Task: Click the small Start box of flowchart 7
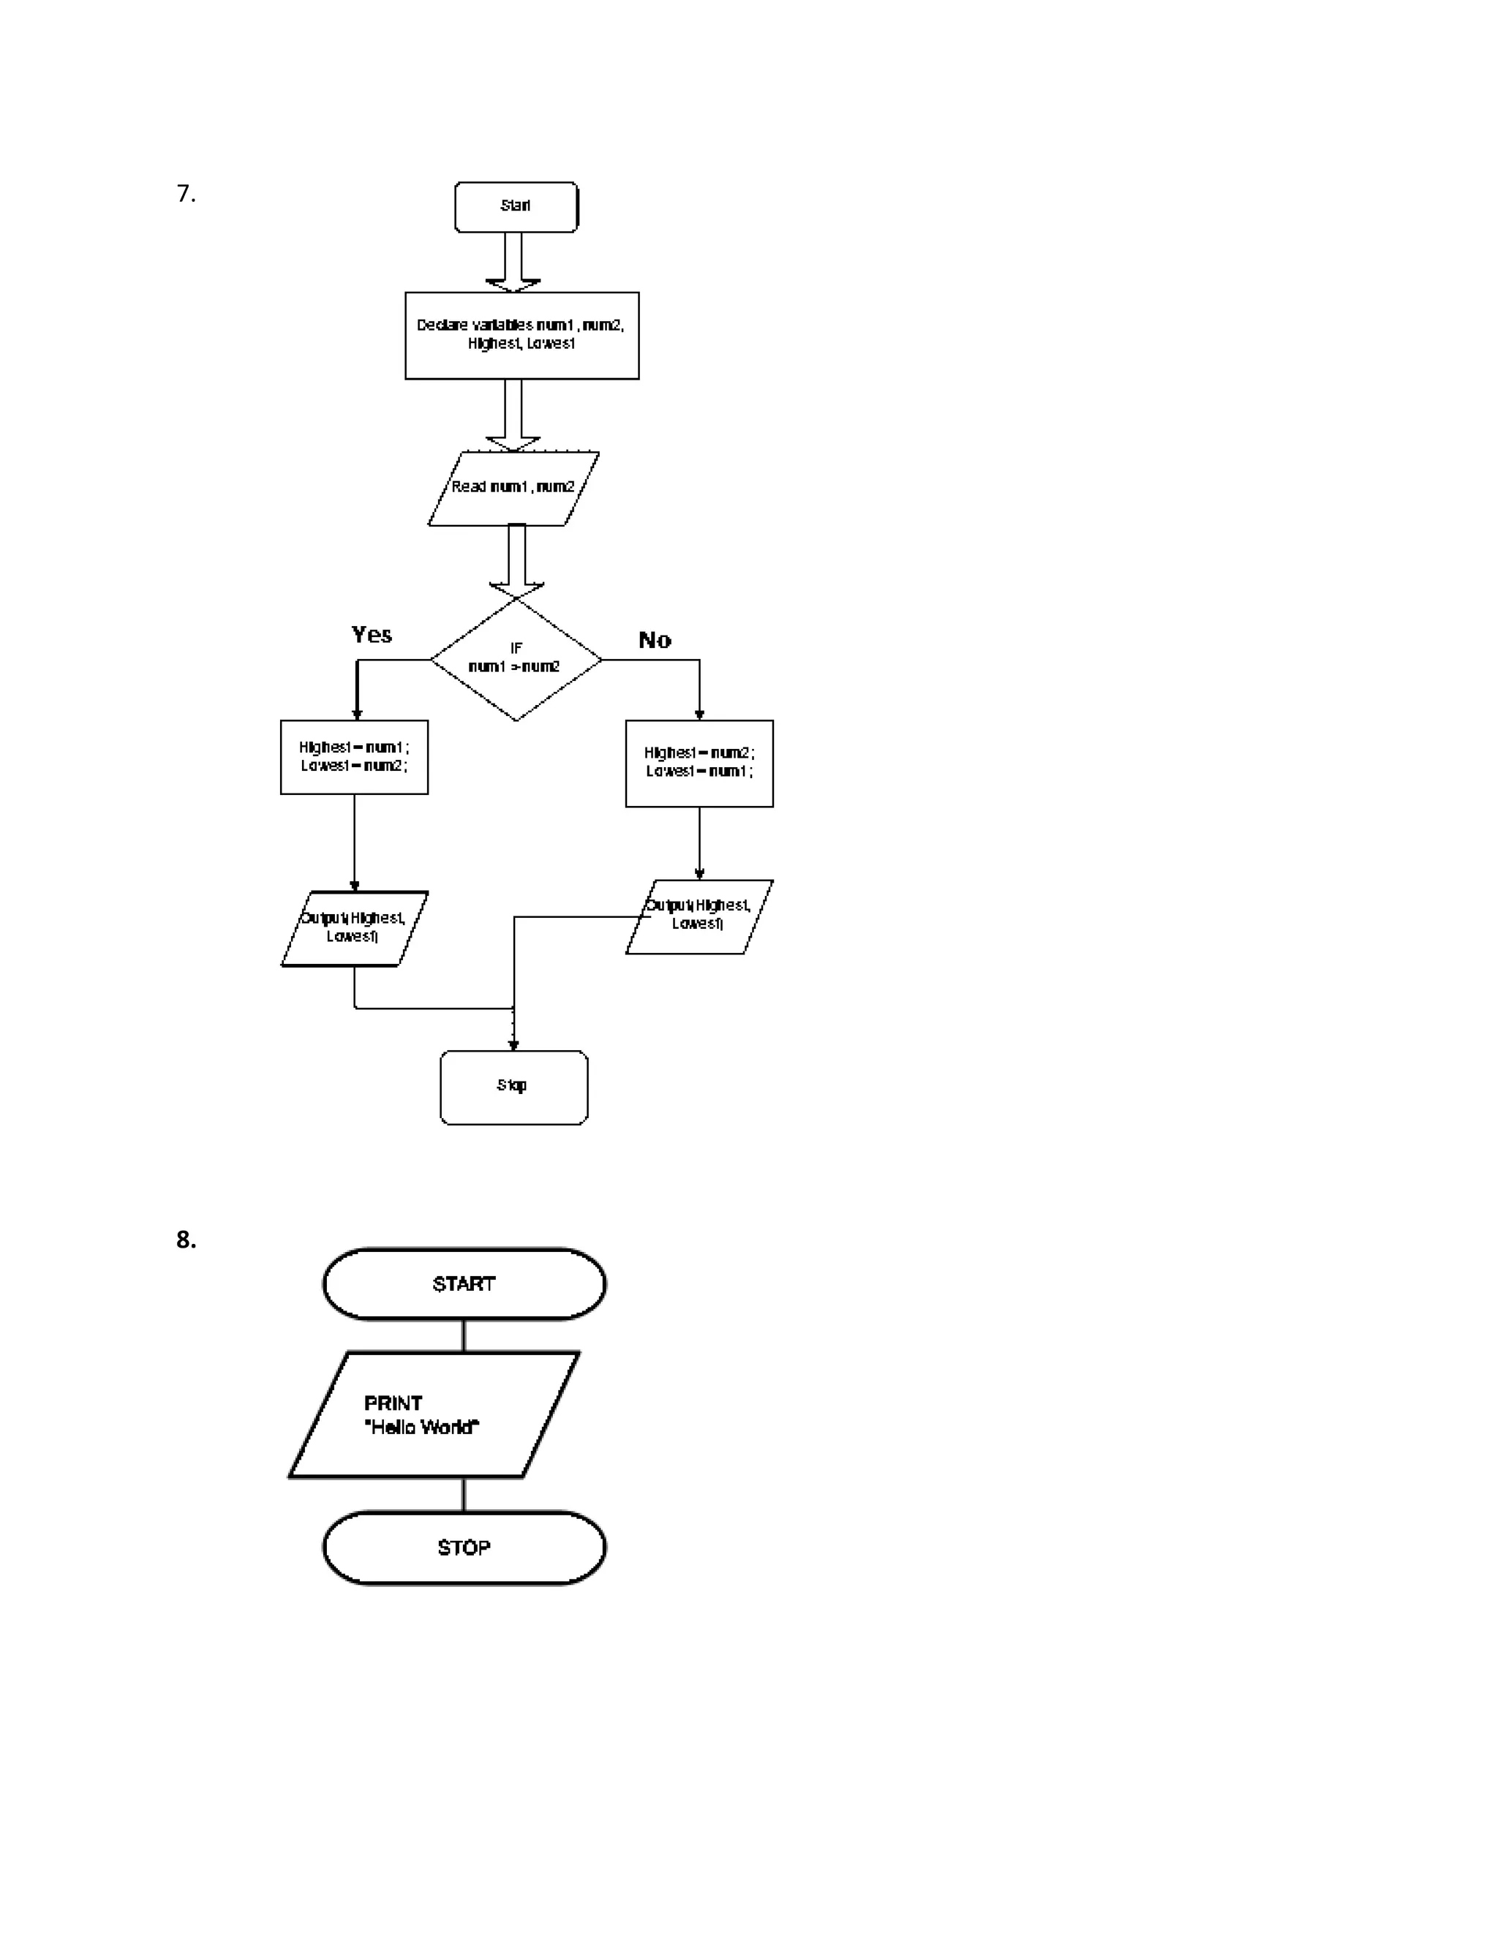tap(516, 207)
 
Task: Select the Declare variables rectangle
tap(522, 336)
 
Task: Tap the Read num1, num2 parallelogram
tap(513, 488)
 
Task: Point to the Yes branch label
tap(372, 635)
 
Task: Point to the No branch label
tap(655, 640)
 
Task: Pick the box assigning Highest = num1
tap(354, 757)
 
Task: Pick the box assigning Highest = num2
tap(699, 763)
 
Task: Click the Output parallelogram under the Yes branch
tap(354, 928)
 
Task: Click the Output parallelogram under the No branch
tap(699, 916)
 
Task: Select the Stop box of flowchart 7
tap(513, 1087)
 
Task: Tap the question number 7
tap(186, 194)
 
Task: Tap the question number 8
tap(186, 1240)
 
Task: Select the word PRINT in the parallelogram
tap(393, 1403)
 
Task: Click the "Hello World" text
tap(421, 1427)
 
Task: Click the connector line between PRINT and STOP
tap(463, 1494)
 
